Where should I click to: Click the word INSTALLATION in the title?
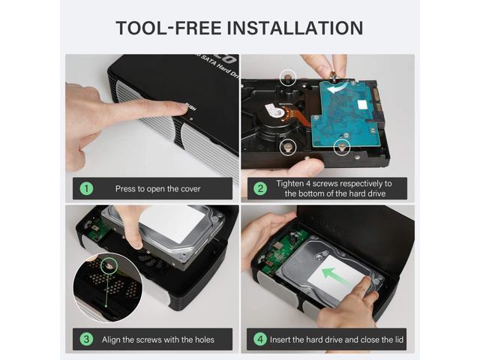click(295, 28)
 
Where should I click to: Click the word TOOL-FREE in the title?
click(169, 28)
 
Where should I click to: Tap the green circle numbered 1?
click(86, 188)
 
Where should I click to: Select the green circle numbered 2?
click(260, 188)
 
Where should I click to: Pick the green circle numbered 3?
click(86, 339)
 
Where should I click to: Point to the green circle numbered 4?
click(260, 339)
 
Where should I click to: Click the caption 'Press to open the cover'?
click(158, 188)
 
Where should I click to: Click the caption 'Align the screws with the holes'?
click(158, 340)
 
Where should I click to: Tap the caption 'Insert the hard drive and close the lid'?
click(337, 340)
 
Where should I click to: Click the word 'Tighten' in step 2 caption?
click(290, 183)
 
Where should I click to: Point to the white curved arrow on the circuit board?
click(337, 88)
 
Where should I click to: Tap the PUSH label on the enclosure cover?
click(190, 107)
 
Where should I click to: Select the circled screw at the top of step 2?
click(288, 77)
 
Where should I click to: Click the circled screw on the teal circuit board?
click(342, 147)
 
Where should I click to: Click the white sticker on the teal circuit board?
click(362, 105)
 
